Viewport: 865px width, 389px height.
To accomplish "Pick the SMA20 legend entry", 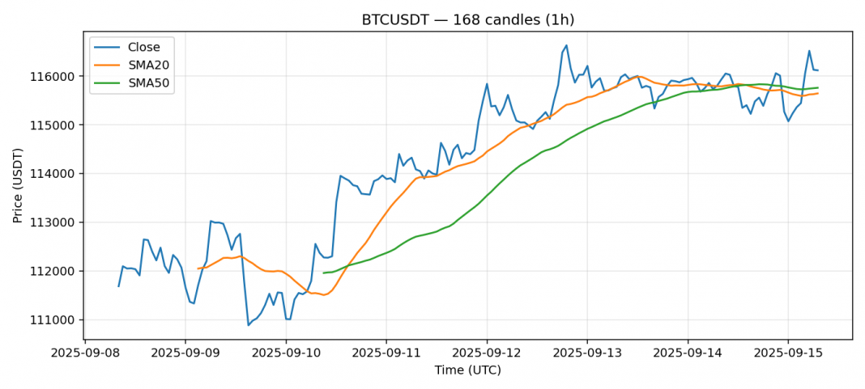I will [x=148, y=65].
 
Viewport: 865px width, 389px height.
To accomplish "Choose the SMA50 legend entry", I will [x=148, y=82].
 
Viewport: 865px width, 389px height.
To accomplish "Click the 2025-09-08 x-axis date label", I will [x=85, y=353].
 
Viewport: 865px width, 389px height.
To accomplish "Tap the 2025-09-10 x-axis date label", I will [x=286, y=353].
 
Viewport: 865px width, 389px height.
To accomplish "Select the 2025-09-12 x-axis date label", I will [x=487, y=353].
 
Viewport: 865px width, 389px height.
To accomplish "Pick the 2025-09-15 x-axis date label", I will [x=788, y=353].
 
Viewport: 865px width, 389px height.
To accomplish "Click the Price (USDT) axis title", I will [x=19, y=185].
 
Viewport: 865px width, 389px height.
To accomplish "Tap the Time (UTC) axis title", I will [x=467, y=370].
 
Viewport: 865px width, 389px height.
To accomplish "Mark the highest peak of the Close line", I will [x=566, y=45].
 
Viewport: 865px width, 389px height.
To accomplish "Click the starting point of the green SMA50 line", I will [x=324, y=273].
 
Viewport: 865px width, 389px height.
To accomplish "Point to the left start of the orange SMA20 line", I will [x=198, y=268].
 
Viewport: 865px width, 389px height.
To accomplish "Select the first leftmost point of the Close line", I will [x=119, y=286].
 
